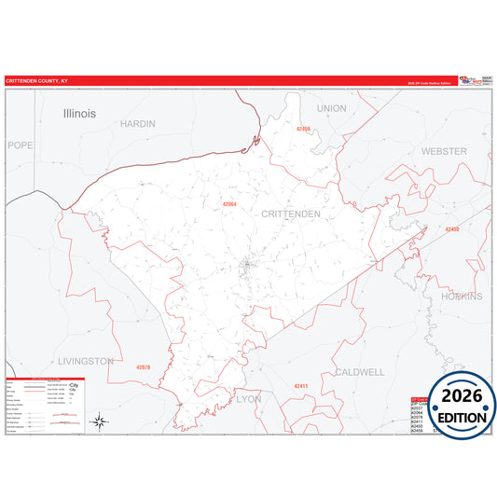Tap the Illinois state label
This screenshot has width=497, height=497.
[79, 113]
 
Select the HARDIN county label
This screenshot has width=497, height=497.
[138, 123]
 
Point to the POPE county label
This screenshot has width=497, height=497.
[20, 145]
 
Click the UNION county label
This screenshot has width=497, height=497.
[331, 108]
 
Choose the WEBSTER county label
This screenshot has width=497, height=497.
[444, 151]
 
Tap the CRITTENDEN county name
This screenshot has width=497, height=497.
[291, 214]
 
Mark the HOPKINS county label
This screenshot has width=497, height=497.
[463, 297]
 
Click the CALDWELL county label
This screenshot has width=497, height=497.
[359, 372]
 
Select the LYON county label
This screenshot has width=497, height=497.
[249, 398]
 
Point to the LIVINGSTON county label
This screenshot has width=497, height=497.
[85, 361]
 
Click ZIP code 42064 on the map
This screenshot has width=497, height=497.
[228, 203]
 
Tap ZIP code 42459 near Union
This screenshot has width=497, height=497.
[302, 129]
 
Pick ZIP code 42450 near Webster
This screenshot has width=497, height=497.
[451, 229]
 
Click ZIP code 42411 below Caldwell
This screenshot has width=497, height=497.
[300, 385]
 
